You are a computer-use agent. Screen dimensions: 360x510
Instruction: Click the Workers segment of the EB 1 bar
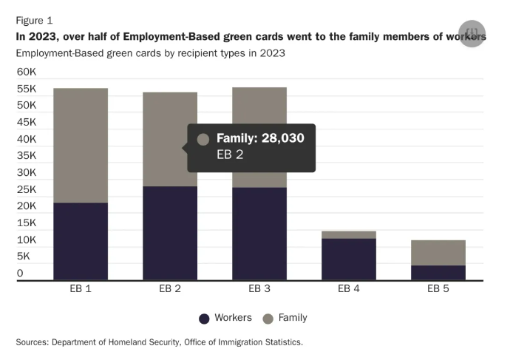point(81,241)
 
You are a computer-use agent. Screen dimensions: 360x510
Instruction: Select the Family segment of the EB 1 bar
point(81,145)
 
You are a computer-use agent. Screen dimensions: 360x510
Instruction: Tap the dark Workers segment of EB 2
point(170,233)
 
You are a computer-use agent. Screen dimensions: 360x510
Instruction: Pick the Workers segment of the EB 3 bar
point(259,234)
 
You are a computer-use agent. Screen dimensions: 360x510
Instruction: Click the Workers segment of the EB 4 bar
point(349,259)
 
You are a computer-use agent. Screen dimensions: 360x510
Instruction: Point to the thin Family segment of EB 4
point(349,234)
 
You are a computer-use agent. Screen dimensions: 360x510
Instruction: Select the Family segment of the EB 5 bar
point(438,252)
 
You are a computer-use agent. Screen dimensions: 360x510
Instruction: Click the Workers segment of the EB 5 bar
point(438,272)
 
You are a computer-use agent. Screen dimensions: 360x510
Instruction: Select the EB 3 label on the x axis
point(259,289)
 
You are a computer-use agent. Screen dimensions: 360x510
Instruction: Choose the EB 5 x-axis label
point(438,289)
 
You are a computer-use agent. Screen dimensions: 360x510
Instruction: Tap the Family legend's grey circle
point(268,319)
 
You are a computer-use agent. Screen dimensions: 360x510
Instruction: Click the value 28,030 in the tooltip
point(279,138)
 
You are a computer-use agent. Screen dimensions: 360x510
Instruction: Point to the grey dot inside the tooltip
point(203,139)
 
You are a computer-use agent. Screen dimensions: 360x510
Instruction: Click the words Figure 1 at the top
point(34,20)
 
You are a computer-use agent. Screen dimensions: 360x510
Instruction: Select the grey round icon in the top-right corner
point(472,34)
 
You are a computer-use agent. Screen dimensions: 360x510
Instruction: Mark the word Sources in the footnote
point(34,342)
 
